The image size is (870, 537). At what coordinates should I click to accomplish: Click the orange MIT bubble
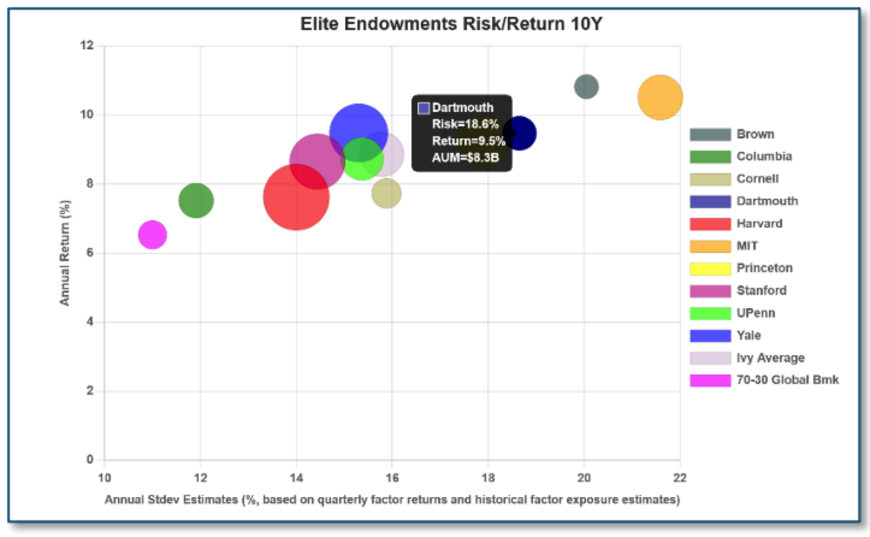click(660, 98)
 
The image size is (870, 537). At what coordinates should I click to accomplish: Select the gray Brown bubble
click(586, 87)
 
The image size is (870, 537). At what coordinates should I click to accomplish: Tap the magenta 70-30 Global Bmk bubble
click(152, 235)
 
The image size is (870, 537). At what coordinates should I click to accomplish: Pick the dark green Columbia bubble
click(196, 200)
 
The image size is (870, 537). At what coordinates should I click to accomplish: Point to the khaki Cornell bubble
click(386, 194)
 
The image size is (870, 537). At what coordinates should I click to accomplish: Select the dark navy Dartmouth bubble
click(520, 133)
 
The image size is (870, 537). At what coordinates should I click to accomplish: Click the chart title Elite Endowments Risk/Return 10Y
click(451, 24)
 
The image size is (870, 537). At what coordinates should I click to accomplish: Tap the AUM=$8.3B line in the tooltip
click(465, 158)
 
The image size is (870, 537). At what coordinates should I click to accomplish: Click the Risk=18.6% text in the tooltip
click(465, 124)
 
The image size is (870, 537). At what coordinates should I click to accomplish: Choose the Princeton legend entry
click(764, 268)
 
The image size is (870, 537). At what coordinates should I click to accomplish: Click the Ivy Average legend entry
click(770, 358)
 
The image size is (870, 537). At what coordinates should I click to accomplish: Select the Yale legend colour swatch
click(710, 335)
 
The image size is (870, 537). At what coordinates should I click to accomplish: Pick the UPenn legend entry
click(756, 313)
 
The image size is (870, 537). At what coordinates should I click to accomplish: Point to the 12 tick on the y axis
click(87, 46)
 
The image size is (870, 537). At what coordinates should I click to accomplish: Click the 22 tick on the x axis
click(680, 478)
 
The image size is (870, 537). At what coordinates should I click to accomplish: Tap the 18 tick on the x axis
click(488, 478)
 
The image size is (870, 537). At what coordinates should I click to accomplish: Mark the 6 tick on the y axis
click(90, 253)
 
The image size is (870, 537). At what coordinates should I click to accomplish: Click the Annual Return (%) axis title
click(64, 253)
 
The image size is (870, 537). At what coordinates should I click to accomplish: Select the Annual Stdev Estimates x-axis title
click(392, 500)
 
